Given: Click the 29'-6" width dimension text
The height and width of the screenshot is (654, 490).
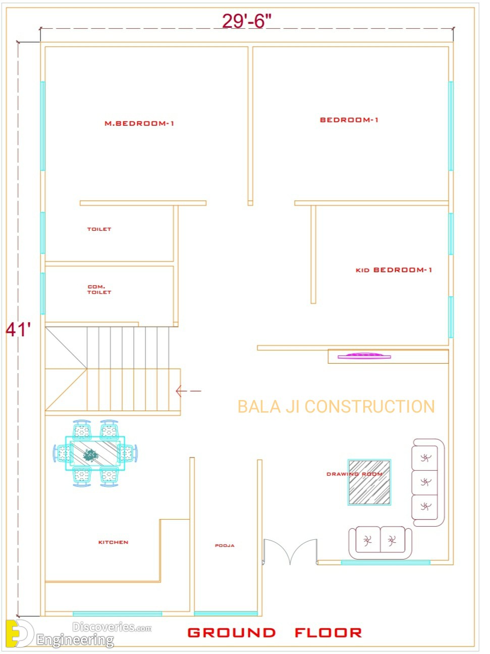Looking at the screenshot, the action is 247,21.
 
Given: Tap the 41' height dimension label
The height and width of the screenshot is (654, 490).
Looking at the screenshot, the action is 18,330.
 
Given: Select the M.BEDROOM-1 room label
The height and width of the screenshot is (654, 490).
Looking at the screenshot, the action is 139,123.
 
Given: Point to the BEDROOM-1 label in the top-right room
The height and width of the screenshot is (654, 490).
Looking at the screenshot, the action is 349,120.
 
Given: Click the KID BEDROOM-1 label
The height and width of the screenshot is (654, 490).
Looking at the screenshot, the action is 394,270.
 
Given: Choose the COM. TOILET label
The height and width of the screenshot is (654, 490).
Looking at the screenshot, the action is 99,289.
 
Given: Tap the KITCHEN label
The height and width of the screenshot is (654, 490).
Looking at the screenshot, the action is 113,542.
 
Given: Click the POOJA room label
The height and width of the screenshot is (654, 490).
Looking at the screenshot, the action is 225,545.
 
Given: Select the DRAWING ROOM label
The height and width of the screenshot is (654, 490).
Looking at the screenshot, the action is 354,474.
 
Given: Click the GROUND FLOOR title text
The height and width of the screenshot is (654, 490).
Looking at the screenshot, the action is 275,633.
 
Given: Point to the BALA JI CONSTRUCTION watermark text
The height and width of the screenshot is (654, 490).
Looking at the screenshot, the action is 336,407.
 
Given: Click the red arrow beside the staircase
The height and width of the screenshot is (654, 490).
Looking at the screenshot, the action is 188,391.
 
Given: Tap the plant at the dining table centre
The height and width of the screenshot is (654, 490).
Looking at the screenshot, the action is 90,456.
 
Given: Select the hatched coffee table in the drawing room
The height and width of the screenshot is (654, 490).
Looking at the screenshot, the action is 369,482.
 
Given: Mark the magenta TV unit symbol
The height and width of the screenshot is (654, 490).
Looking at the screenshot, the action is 364,356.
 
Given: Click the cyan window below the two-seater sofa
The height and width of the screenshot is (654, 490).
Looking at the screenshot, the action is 386,562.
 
